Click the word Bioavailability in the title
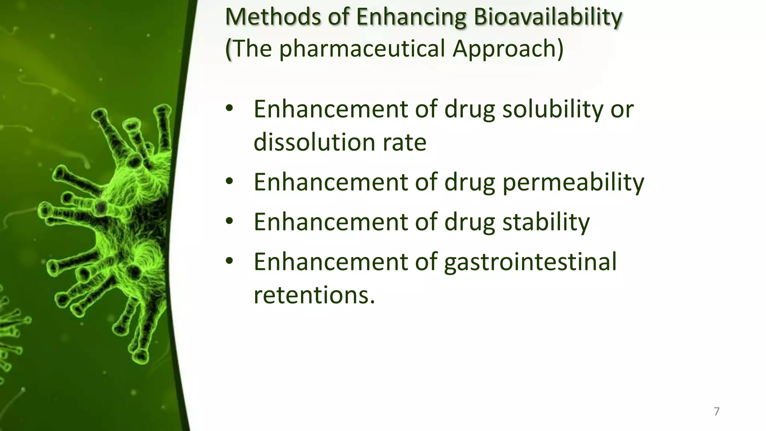coord(548,17)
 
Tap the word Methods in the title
coord(273,17)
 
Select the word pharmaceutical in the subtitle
coord(362,49)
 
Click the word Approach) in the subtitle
coord(508,49)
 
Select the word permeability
coord(573,182)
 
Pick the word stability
coord(546,222)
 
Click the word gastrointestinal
coord(530,262)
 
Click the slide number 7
coord(717,411)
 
